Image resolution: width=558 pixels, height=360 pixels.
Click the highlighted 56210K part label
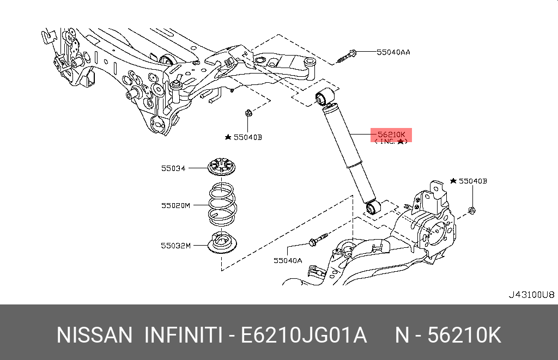coord(391,135)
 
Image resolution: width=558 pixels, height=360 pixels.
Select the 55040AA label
coord(393,52)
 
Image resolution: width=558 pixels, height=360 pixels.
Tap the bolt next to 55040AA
coord(347,56)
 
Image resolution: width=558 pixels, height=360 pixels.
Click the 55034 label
coord(173,168)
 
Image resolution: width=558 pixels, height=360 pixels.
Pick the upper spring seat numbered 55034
coord(221,167)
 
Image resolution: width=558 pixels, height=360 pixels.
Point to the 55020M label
coord(175,205)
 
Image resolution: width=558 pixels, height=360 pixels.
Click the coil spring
coord(222,205)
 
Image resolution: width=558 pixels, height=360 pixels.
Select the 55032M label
coord(175,246)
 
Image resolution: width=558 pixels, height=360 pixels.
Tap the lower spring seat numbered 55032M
coord(222,242)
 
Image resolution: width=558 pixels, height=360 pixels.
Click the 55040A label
coord(288,260)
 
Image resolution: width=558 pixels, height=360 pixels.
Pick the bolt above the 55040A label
coord(318,240)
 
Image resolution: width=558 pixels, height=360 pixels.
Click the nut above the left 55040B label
coord(248,113)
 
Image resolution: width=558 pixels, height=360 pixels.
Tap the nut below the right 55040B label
coord(472,211)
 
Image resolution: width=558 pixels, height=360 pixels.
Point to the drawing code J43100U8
coord(531,295)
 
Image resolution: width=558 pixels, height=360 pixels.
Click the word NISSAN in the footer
coord(94,335)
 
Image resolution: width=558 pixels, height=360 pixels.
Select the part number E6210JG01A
coord(304,335)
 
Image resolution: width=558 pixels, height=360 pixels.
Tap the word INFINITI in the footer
coord(183,335)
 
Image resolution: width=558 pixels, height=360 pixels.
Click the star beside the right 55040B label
coord(453,181)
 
